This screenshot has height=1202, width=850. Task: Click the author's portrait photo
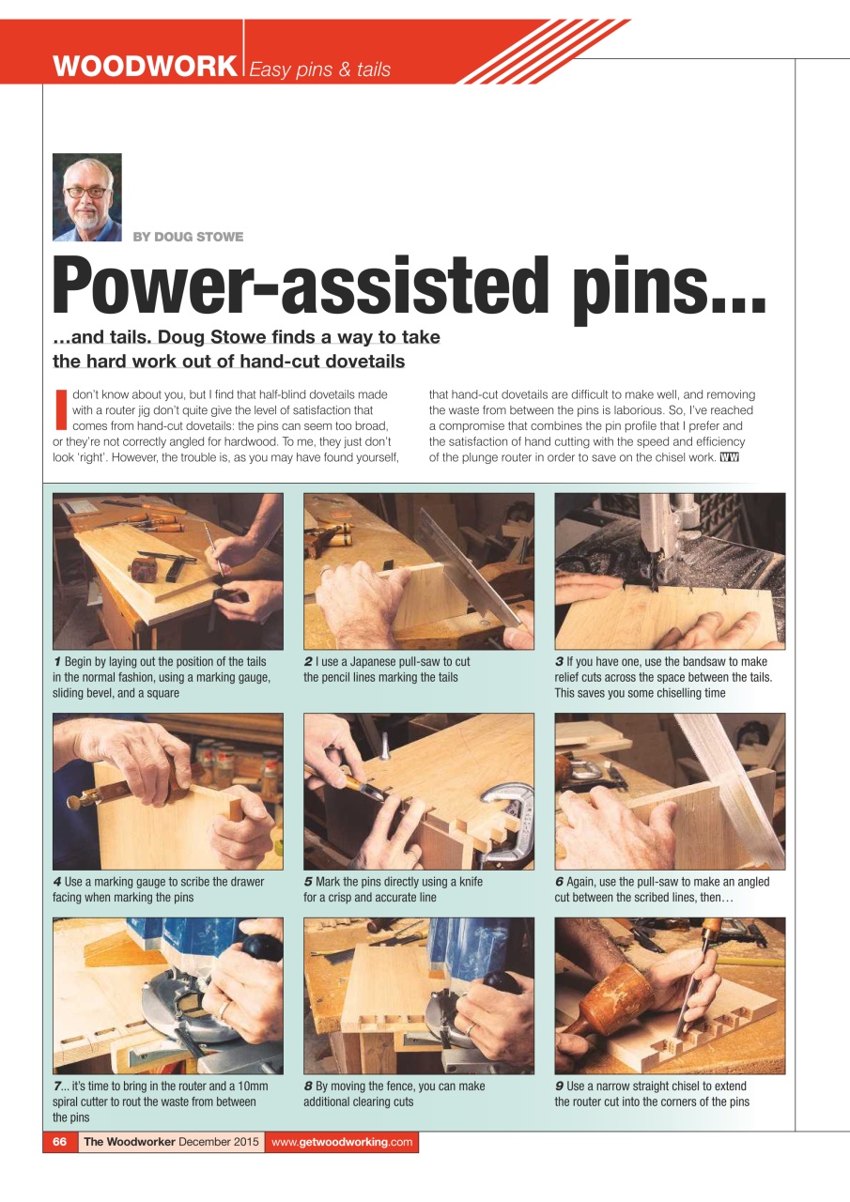[x=87, y=197]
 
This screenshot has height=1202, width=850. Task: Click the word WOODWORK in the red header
[x=145, y=67]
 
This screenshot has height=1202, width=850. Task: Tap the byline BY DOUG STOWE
[x=188, y=237]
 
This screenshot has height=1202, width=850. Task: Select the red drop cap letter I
[x=61, y=410]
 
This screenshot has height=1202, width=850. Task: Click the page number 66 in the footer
[x=60, y=1142]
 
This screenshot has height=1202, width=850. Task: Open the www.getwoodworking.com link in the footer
[x=342, y=1142]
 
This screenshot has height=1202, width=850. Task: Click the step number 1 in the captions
[x=57, y=662]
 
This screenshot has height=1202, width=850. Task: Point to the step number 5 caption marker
[x=308, y=882]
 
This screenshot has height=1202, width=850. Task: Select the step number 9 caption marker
[x=559, y=1086]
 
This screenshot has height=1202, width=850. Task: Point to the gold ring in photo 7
[x=224, y=1009]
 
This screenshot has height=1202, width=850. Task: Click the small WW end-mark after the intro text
[x=729, y=458]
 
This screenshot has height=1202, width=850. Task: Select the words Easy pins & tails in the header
[x=320, y=69]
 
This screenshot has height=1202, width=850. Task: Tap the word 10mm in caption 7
[x=251, y=1086]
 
